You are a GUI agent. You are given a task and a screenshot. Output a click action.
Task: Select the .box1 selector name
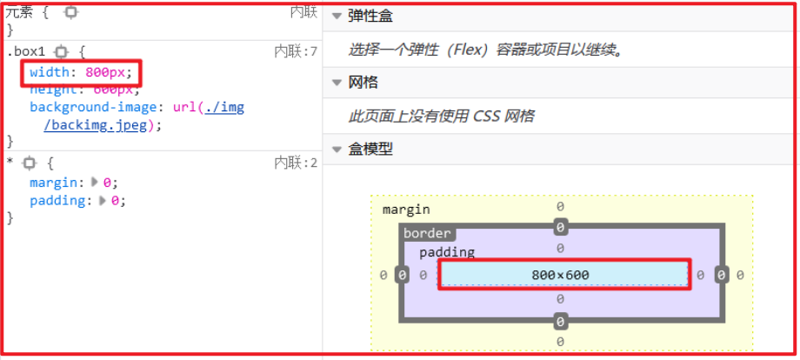click(25, 52)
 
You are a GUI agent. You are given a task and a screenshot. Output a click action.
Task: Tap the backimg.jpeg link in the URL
click(103, 124)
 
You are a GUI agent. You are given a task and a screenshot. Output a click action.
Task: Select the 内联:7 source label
click(296, 52)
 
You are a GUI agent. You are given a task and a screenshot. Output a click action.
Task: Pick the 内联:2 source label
click(296, 163)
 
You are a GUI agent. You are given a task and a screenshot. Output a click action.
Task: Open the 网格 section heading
click(363, 83)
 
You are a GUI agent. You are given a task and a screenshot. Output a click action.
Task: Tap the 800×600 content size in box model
click(560, 275)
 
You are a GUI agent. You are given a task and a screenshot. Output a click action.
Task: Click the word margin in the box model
click(406, 210)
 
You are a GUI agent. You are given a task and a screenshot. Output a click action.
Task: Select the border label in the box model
click(427, 233)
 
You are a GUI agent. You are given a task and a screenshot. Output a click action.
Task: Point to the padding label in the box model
click(447, 252)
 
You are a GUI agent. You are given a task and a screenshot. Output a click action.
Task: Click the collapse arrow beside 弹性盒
click(337, 17)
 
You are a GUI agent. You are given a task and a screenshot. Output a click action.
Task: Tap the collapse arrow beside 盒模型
click(337, 149)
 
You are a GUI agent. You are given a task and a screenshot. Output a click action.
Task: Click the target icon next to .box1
click(61, 52)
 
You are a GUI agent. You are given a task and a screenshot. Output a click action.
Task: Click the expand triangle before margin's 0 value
click(95, 183)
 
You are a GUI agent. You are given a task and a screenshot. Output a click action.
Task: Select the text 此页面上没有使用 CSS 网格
click(441, 116)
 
